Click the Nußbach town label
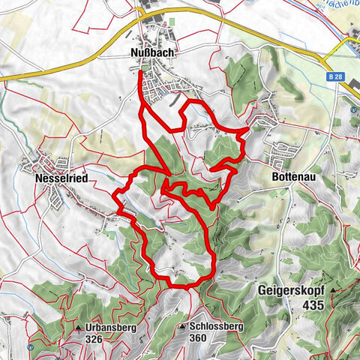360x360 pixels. point(158,52)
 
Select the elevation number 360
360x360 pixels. point(198,340)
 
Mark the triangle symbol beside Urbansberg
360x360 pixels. point(79,328)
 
